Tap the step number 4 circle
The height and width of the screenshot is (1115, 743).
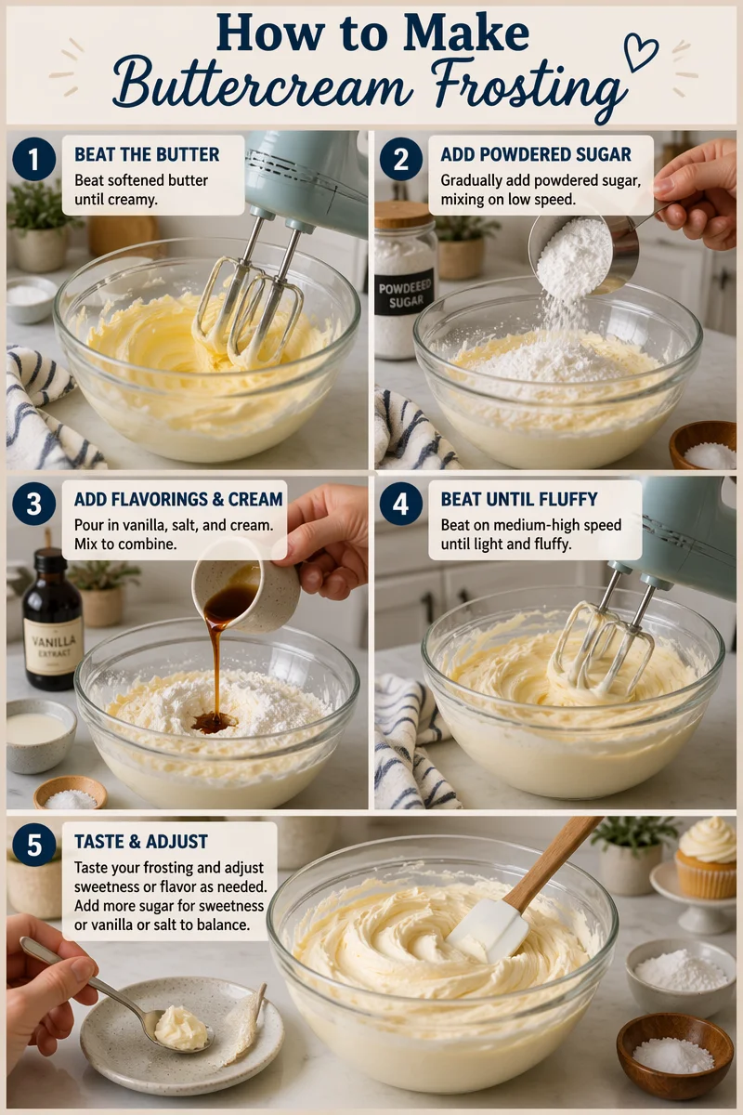point(400,505)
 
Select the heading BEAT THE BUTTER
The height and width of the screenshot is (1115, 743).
point(147,154)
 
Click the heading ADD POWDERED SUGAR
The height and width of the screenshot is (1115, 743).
point(535,154)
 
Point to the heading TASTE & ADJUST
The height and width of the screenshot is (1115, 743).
point(140,842)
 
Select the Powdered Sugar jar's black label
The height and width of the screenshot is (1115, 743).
point(405,293)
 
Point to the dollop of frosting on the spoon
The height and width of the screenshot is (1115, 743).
point(181,1028)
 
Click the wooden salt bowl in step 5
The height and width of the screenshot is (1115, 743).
point(674,1055)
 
